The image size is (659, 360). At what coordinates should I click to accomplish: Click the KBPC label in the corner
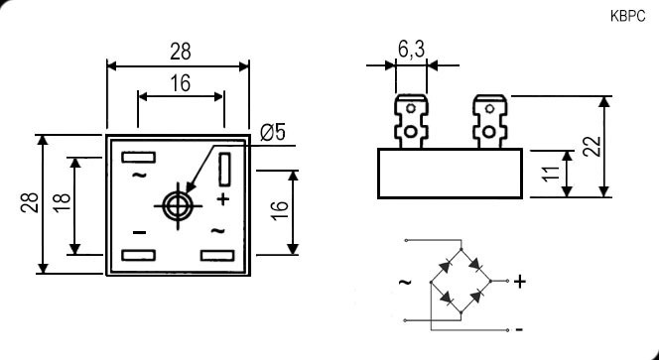627,17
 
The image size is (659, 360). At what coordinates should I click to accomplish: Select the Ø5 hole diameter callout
273,133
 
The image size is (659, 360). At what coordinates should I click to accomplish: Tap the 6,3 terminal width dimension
411,50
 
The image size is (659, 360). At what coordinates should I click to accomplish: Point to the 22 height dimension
592,147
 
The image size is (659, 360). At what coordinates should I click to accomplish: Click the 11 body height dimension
552,174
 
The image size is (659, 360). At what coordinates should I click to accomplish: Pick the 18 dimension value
62,203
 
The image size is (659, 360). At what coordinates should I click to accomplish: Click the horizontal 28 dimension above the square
181,52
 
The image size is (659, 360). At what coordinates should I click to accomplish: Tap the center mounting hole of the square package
179,206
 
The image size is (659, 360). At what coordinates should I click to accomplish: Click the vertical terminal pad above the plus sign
224,170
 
